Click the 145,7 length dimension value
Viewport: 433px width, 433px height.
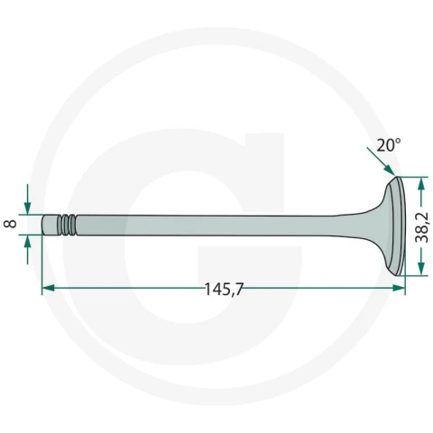[x=224, y=290]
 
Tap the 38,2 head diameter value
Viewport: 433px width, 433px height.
[x=421, y=227]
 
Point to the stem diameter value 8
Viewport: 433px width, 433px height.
[x=11, y=224]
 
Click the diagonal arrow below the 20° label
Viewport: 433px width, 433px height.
[x=381, y=161]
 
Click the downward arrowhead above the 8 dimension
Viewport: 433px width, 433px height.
[x=28, y=207]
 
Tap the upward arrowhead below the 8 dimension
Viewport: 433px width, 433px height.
[x=28, y=241]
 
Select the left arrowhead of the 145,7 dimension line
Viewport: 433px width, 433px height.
[x=49, y=288]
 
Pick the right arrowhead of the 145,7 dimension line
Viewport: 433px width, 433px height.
[x=399, y=288]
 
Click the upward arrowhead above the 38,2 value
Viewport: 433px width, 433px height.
[x=421, y=183]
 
